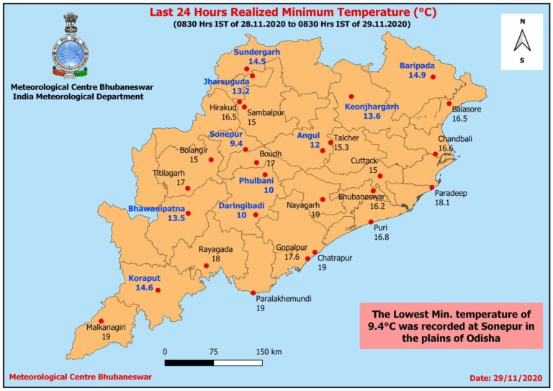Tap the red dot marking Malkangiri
point(102,321)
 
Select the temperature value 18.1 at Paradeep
point(442,203)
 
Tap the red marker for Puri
point(371,222)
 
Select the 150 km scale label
point(268,351)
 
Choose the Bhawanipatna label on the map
point(156,209)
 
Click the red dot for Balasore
point(449,105)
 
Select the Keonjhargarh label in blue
point(372,107)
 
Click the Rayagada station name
point(215,248)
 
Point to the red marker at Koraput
point(158,291)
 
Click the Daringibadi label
point(242,206)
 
